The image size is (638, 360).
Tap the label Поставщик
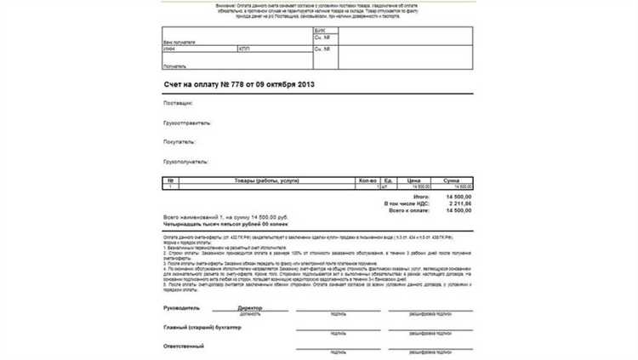tap(177, 103)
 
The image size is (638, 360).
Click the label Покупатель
tap(179, 141)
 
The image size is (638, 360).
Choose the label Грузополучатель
tap(185, 160)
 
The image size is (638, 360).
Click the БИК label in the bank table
tap(320, 29)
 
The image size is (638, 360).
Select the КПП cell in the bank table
tap(244, 49)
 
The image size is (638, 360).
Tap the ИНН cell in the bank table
tap(169, 49)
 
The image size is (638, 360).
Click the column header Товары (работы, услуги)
tap(265, 180)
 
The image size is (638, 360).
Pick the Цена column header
tap(413, 180)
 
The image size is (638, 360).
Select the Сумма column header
tap(451, 180)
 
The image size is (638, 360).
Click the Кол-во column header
tap(367, 180)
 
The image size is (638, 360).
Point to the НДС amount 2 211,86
tap(458, 203)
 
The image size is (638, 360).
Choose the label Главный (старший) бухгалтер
tap(202, 327)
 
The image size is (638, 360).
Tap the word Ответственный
tap(184, 346)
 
